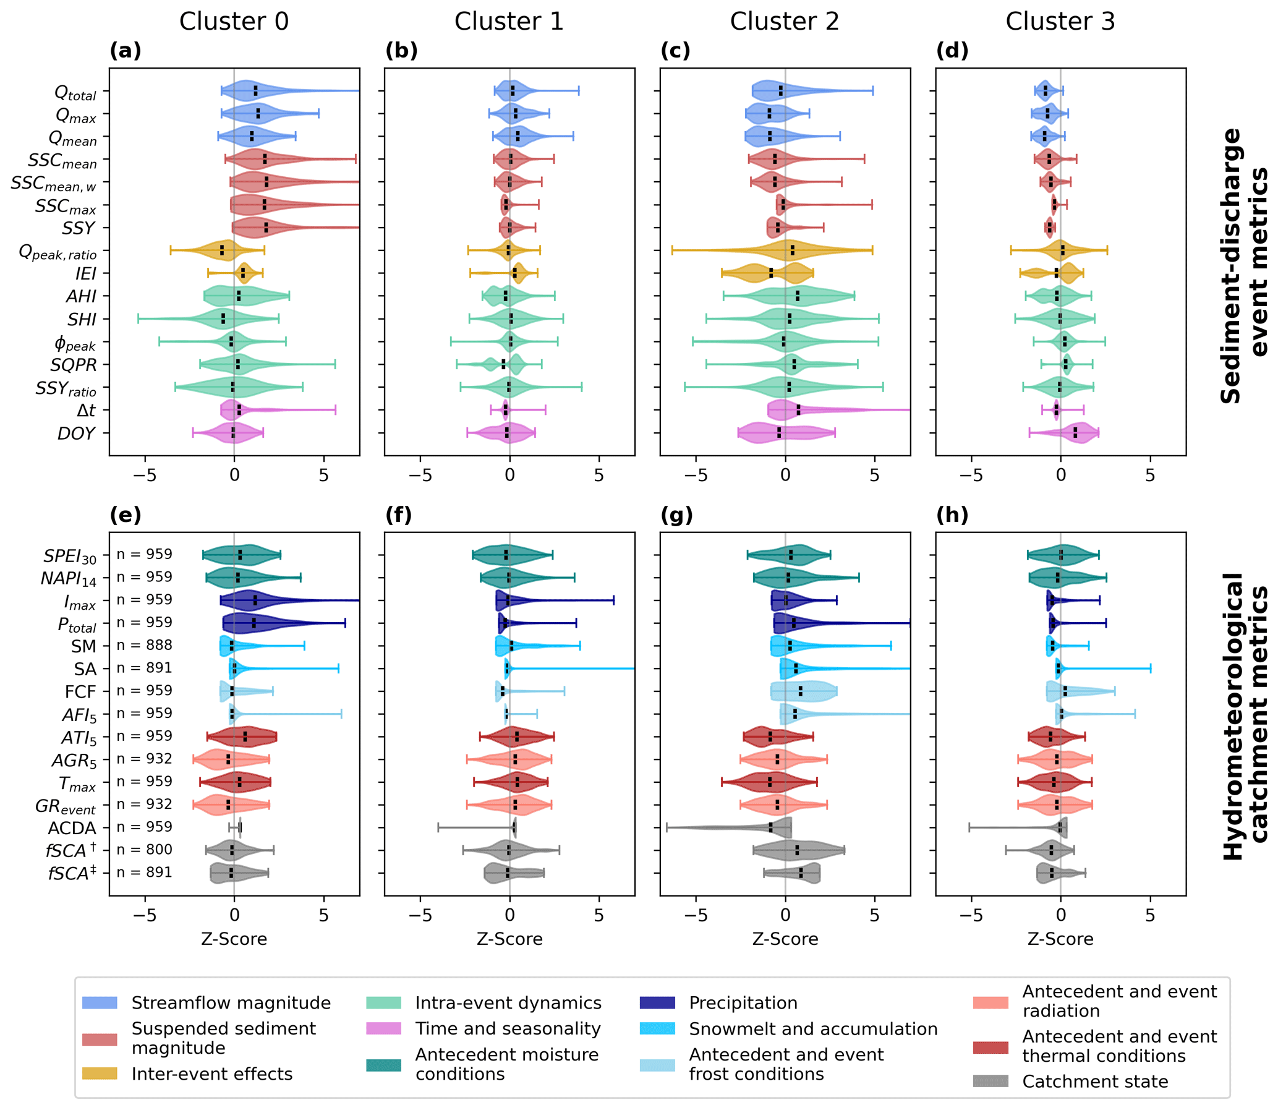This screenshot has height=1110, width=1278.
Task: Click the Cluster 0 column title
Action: tap(234, 22)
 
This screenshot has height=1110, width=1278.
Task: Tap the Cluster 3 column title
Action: tap(1059, 22)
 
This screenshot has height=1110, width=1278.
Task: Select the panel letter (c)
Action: tap(675, 51)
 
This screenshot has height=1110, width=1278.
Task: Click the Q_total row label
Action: tap(75, 93)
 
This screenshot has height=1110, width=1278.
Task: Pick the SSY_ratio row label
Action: tap(66, 388)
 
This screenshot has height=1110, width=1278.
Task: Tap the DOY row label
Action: tap(76, 433)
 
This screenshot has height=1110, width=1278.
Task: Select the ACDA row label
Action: tap(72, 828)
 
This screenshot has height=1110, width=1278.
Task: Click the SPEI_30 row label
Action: tap(69, 557)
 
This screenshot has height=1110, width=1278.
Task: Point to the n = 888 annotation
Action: tap(144, 645)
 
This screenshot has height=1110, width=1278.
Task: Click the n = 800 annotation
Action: tap(144, 849)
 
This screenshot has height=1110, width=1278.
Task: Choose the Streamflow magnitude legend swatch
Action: tap(100, 1003)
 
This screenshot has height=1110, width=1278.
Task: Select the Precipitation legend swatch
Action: tap(657, 1003)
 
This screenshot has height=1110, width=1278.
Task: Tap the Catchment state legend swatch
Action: tap(990, 1082)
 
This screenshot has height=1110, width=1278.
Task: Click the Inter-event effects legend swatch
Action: tap(100, 1074)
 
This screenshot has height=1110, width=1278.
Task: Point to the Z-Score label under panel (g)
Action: tap(785, 939)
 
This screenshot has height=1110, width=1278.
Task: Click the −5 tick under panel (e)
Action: tap(145, 915)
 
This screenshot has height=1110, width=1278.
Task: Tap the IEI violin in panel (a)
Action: tap(244, 273)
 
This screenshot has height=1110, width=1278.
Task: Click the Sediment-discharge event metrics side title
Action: tap(1245, 267)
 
